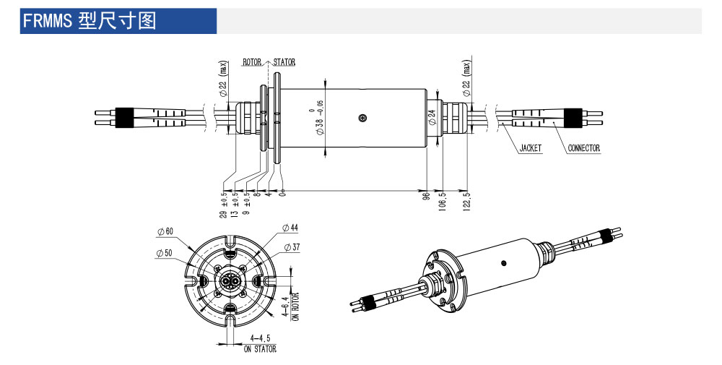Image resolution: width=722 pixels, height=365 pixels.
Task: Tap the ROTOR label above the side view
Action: point(252,63)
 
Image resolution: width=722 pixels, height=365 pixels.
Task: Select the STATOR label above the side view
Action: point(284,63)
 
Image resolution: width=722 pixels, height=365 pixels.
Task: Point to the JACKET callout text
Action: point(531,148)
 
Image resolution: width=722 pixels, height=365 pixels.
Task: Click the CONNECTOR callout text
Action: point(583,148)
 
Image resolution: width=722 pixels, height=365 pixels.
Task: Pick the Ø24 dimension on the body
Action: point(431,118)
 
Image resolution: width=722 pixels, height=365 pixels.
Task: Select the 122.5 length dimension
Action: point(467,202)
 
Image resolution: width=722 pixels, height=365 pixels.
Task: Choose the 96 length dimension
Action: point(427,196)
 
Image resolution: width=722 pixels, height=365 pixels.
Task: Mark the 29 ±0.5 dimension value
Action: point(224,205)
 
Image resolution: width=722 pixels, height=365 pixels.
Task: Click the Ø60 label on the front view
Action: point(165,232)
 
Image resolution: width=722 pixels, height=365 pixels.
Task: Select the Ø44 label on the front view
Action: point(290,228)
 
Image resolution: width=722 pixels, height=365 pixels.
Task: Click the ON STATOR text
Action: point(260,349)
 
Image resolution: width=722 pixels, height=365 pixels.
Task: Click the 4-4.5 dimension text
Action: point(260,338)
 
